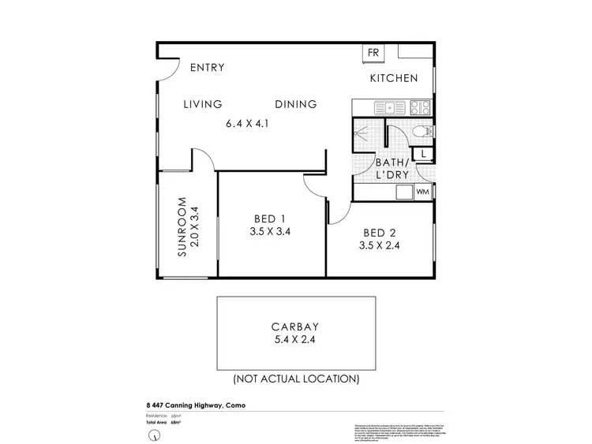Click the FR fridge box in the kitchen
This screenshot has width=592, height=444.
tap(373, 53)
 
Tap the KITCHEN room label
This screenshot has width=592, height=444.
tap(394, 79)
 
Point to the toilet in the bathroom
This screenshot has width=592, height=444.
tap(420, 132)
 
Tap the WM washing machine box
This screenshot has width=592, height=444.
tap(422, 192)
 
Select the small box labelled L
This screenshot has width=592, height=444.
tap(425, 154)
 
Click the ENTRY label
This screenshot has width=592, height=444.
tap(208, 68)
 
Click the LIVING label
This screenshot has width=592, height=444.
tap(203, 104)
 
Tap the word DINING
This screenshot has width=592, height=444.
tap(296, 104)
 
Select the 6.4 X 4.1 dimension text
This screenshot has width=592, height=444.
tap(248, 123)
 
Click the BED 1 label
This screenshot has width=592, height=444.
tap(270, 218)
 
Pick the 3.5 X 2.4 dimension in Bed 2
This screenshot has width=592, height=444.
tap(379, 245)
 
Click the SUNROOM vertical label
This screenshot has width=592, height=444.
tap(182, 227)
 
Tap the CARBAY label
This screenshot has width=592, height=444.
tap(297, 326)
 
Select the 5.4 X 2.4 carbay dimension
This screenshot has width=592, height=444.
tap(297, 341)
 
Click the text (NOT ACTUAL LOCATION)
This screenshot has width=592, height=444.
tap(297, 379)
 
